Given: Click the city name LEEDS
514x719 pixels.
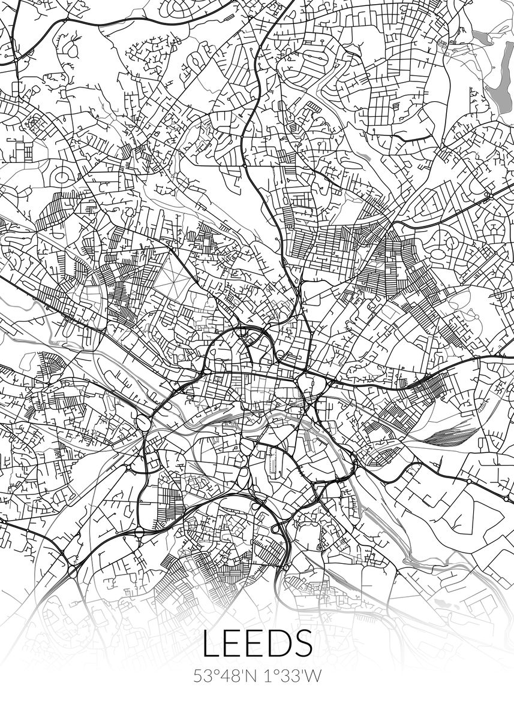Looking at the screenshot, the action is (x=257, y=642).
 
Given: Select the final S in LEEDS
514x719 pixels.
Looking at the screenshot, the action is (x=302, y=642).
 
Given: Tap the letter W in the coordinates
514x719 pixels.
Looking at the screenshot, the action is (x=314, y=676).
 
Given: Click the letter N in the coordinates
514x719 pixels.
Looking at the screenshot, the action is (x=249, y=676).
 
